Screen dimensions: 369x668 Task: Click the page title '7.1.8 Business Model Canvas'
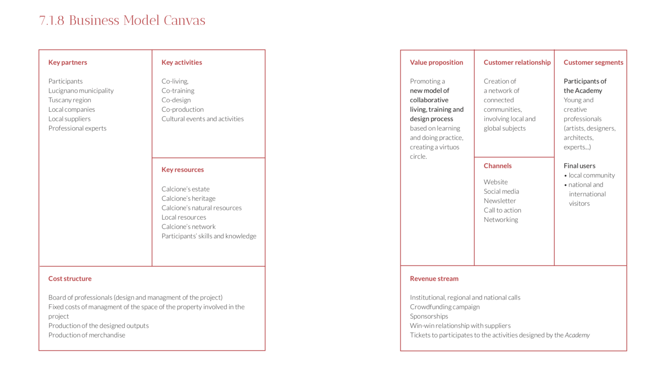point(122,20)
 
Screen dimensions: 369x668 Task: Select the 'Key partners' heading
point(67,62)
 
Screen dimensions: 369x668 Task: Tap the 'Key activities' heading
point(182,62)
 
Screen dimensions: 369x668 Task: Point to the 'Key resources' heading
point(183,170)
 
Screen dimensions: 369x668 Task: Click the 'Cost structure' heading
point(70,279)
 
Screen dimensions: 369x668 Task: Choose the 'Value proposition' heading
point(436,62)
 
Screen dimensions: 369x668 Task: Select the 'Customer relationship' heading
point(517,62)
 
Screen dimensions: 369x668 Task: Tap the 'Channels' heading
point(498,166)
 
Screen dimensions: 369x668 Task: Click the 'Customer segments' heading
point(593,62)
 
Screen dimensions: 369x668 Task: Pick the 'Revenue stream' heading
point(434,279)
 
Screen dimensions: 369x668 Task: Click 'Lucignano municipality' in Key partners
point(81,91)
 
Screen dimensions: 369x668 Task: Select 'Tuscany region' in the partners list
point(70,100)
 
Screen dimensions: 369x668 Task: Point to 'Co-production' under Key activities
point(183,110)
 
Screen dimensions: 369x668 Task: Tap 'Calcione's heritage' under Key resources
point(188,199)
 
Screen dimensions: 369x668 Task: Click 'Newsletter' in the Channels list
point(500,201)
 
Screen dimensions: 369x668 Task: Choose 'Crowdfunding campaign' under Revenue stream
point(445,307)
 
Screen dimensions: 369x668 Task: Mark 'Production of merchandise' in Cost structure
point(87,335)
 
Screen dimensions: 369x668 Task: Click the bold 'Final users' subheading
point(579,166)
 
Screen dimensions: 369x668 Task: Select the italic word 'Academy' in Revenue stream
point(577,335)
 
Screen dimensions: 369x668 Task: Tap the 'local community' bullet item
point(591,175)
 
